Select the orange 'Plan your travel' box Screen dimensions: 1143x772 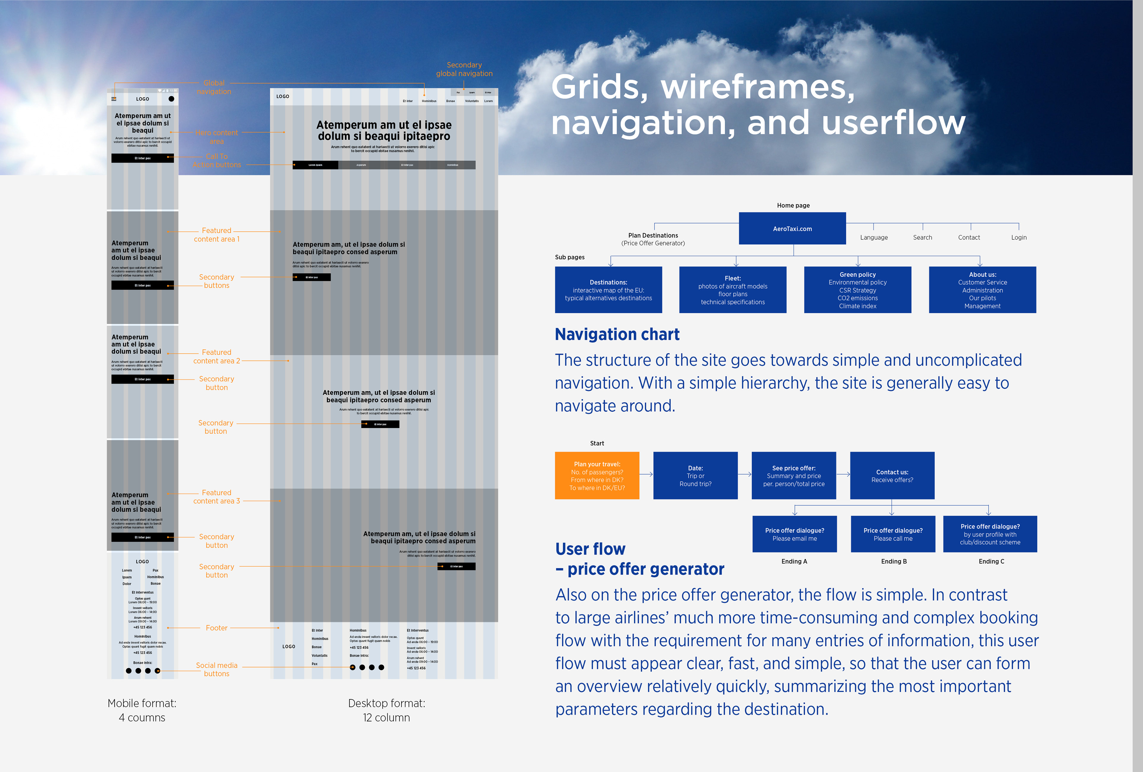597,475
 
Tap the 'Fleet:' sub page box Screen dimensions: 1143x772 732,290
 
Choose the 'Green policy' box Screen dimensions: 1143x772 857,290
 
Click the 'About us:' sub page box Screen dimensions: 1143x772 982,290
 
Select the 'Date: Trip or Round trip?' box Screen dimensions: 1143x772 695,475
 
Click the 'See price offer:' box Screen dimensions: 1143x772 793,475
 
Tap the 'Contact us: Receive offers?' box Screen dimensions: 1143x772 892,475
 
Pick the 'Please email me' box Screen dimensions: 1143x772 794,534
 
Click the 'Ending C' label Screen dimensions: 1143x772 991,561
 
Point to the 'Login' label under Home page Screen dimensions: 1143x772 1019,237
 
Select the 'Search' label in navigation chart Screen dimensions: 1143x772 922,237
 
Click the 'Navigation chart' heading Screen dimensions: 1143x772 617,334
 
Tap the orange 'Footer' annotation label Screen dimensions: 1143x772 216,628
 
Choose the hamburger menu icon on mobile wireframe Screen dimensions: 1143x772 114,99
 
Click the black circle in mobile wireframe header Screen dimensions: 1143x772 171,99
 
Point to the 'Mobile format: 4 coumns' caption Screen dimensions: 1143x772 142,710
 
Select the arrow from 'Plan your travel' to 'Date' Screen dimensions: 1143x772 646,474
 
